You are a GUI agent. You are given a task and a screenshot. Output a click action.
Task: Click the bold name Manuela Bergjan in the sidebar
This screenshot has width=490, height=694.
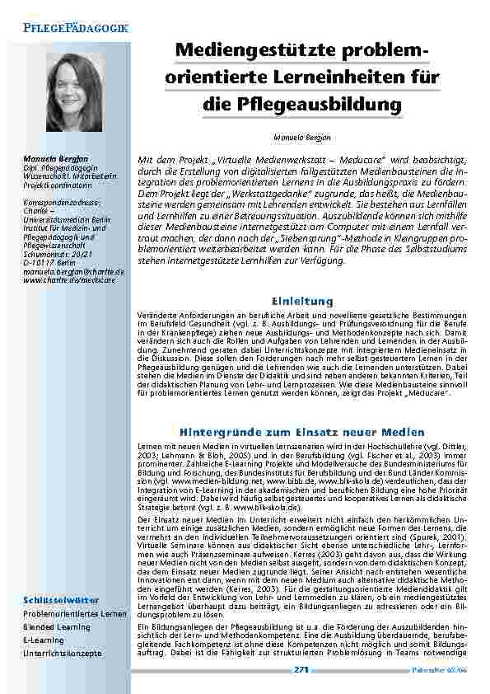(55, 157)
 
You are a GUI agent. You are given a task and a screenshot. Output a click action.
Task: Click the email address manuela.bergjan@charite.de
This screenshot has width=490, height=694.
(73, 271)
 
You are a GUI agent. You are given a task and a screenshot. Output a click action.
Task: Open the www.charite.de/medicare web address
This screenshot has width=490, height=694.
(69, 279)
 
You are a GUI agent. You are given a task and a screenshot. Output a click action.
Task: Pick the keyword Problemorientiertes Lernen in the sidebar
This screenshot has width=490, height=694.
(74, 614)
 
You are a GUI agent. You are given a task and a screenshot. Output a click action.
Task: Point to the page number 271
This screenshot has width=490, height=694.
(301, 668)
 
